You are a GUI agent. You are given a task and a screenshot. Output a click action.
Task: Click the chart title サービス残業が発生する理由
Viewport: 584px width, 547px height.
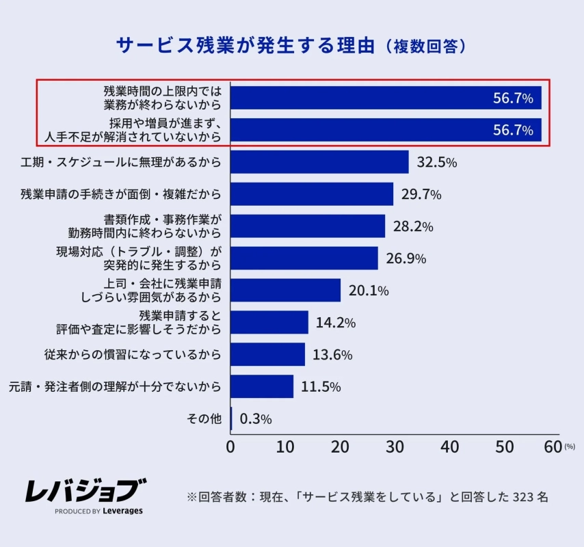[246, 46]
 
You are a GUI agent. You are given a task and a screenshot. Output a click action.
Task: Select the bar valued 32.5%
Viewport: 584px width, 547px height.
[319, 162]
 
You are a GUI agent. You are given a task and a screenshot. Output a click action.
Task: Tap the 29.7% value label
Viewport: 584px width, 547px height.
[421, 194]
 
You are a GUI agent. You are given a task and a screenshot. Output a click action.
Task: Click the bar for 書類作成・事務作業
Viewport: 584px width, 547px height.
[308, 226]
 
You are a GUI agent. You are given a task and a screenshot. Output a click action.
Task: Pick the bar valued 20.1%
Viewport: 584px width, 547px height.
[286, 291]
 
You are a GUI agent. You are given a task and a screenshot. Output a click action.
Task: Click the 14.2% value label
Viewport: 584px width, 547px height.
[335, 323]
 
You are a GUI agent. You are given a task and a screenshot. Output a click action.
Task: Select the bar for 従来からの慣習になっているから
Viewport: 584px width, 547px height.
[268, 355]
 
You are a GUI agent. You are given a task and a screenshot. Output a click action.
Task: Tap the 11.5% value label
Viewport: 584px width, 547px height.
[321, 387]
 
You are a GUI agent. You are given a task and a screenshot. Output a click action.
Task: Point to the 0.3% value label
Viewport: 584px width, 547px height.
[255, 419]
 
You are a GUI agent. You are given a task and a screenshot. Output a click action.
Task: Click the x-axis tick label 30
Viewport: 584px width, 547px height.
[395, 446]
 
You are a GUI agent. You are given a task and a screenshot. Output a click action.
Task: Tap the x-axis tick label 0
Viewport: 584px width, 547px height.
[230, 446]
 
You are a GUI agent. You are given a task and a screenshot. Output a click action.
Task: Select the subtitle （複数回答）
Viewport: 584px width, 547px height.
[425, 46]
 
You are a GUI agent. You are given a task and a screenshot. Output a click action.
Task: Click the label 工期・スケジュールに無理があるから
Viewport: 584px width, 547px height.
[121, 163]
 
